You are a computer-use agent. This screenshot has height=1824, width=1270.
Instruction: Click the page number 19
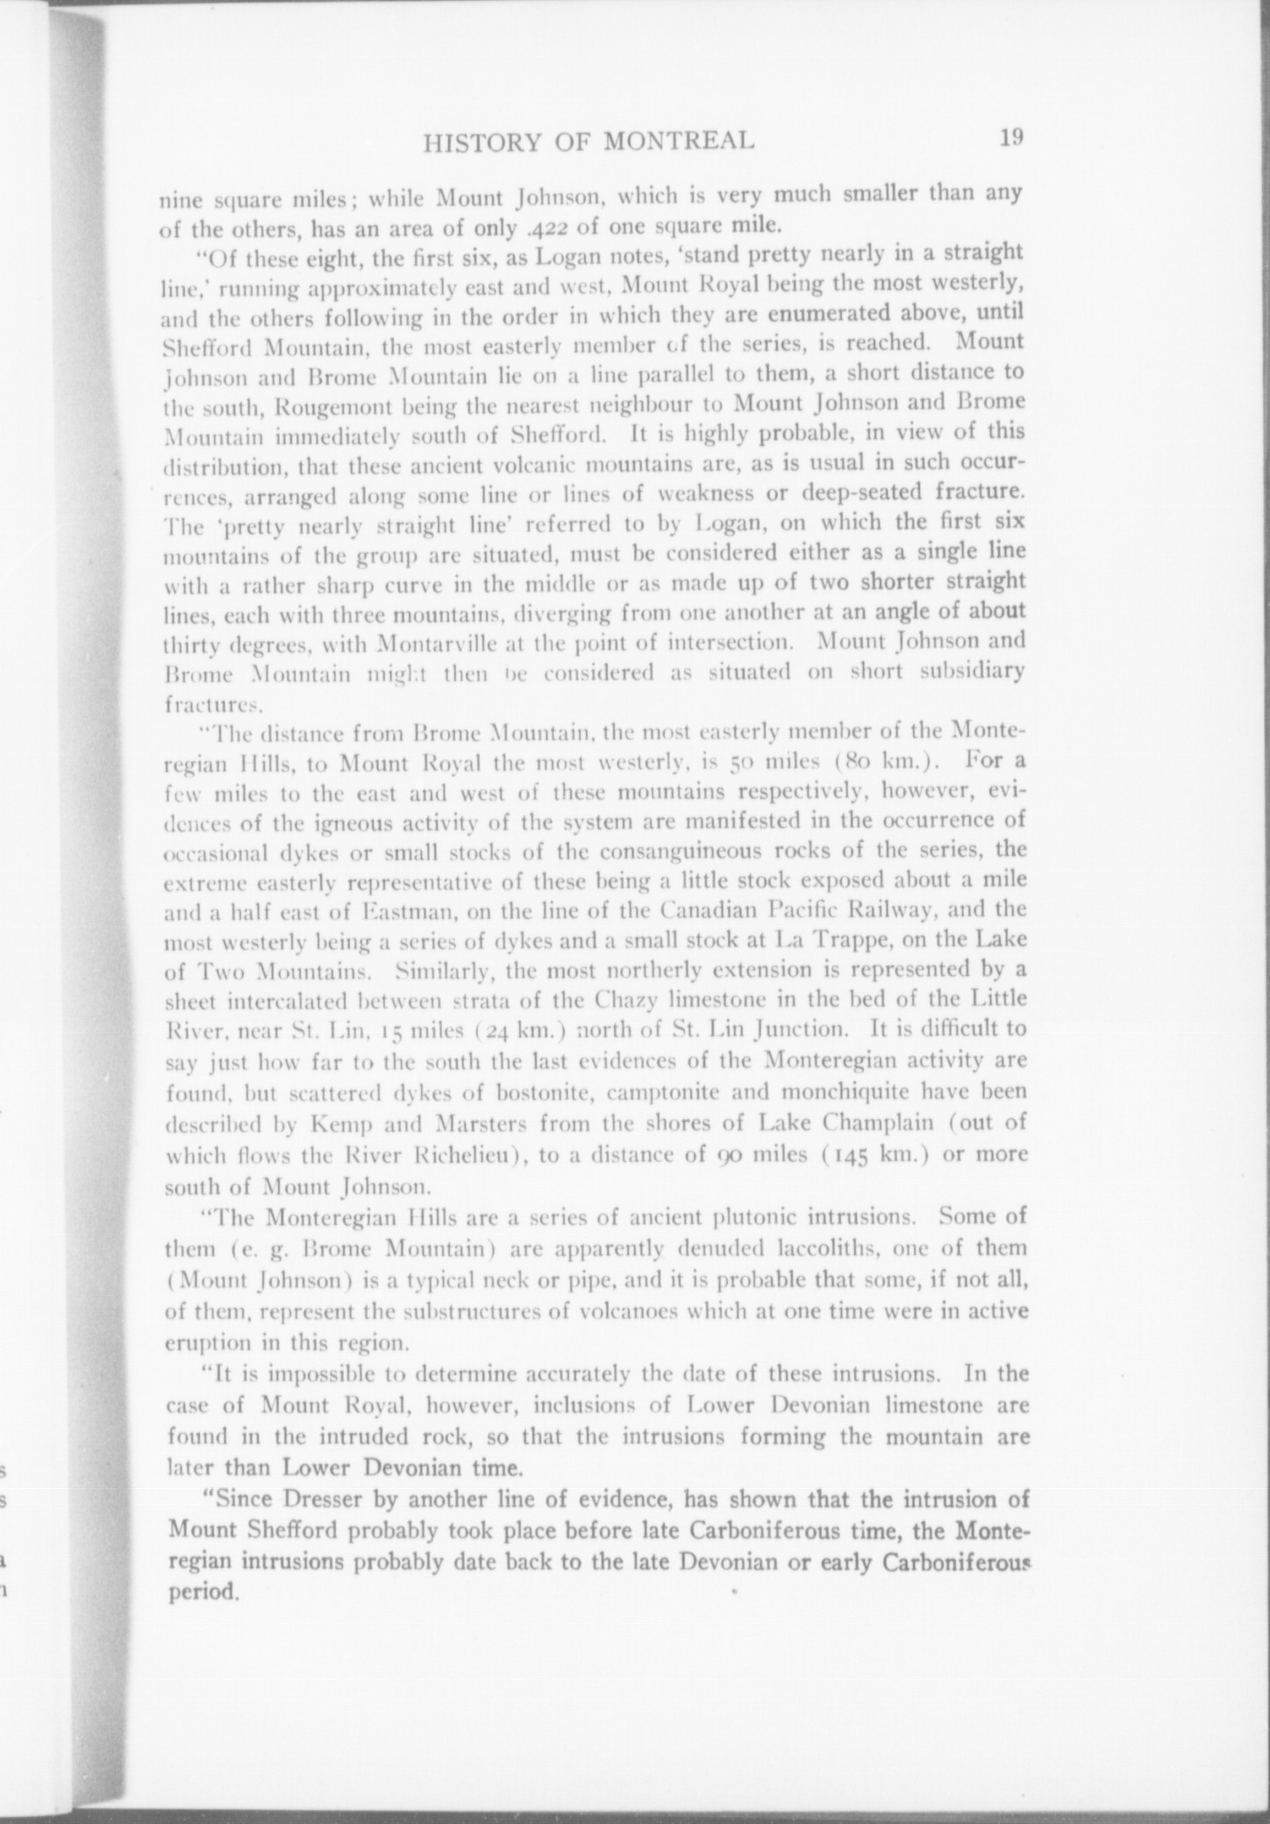[1010, 138]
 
